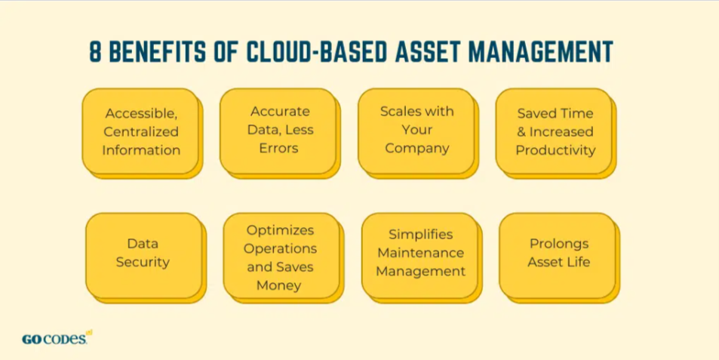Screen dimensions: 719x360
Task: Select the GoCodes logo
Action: (57, 338)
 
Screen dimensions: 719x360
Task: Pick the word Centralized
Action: (141, 131)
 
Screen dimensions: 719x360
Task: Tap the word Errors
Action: (279, 148)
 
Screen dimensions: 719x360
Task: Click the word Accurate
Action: (280, 112)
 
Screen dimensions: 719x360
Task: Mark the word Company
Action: (416, 149)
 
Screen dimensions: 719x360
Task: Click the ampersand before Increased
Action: (522, 132)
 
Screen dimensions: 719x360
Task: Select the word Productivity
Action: (556, 150)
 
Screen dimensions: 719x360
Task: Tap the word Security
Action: (143, 263)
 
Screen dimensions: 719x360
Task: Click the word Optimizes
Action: (280, 230)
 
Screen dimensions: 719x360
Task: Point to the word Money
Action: (279, 286)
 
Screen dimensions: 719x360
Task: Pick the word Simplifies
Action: (421, 235)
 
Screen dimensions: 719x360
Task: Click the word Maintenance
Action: (421, 253)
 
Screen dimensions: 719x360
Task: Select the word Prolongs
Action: (559, 244)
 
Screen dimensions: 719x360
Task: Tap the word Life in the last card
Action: (579, 262)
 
